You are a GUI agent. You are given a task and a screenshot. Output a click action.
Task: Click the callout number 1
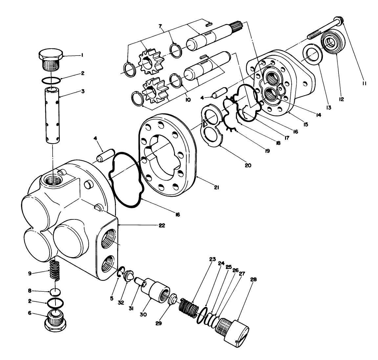(x=82, y=56)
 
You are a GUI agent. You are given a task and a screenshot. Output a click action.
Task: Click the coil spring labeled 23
(x=189, y=308)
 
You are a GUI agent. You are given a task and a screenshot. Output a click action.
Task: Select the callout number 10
(x=188, y=100)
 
